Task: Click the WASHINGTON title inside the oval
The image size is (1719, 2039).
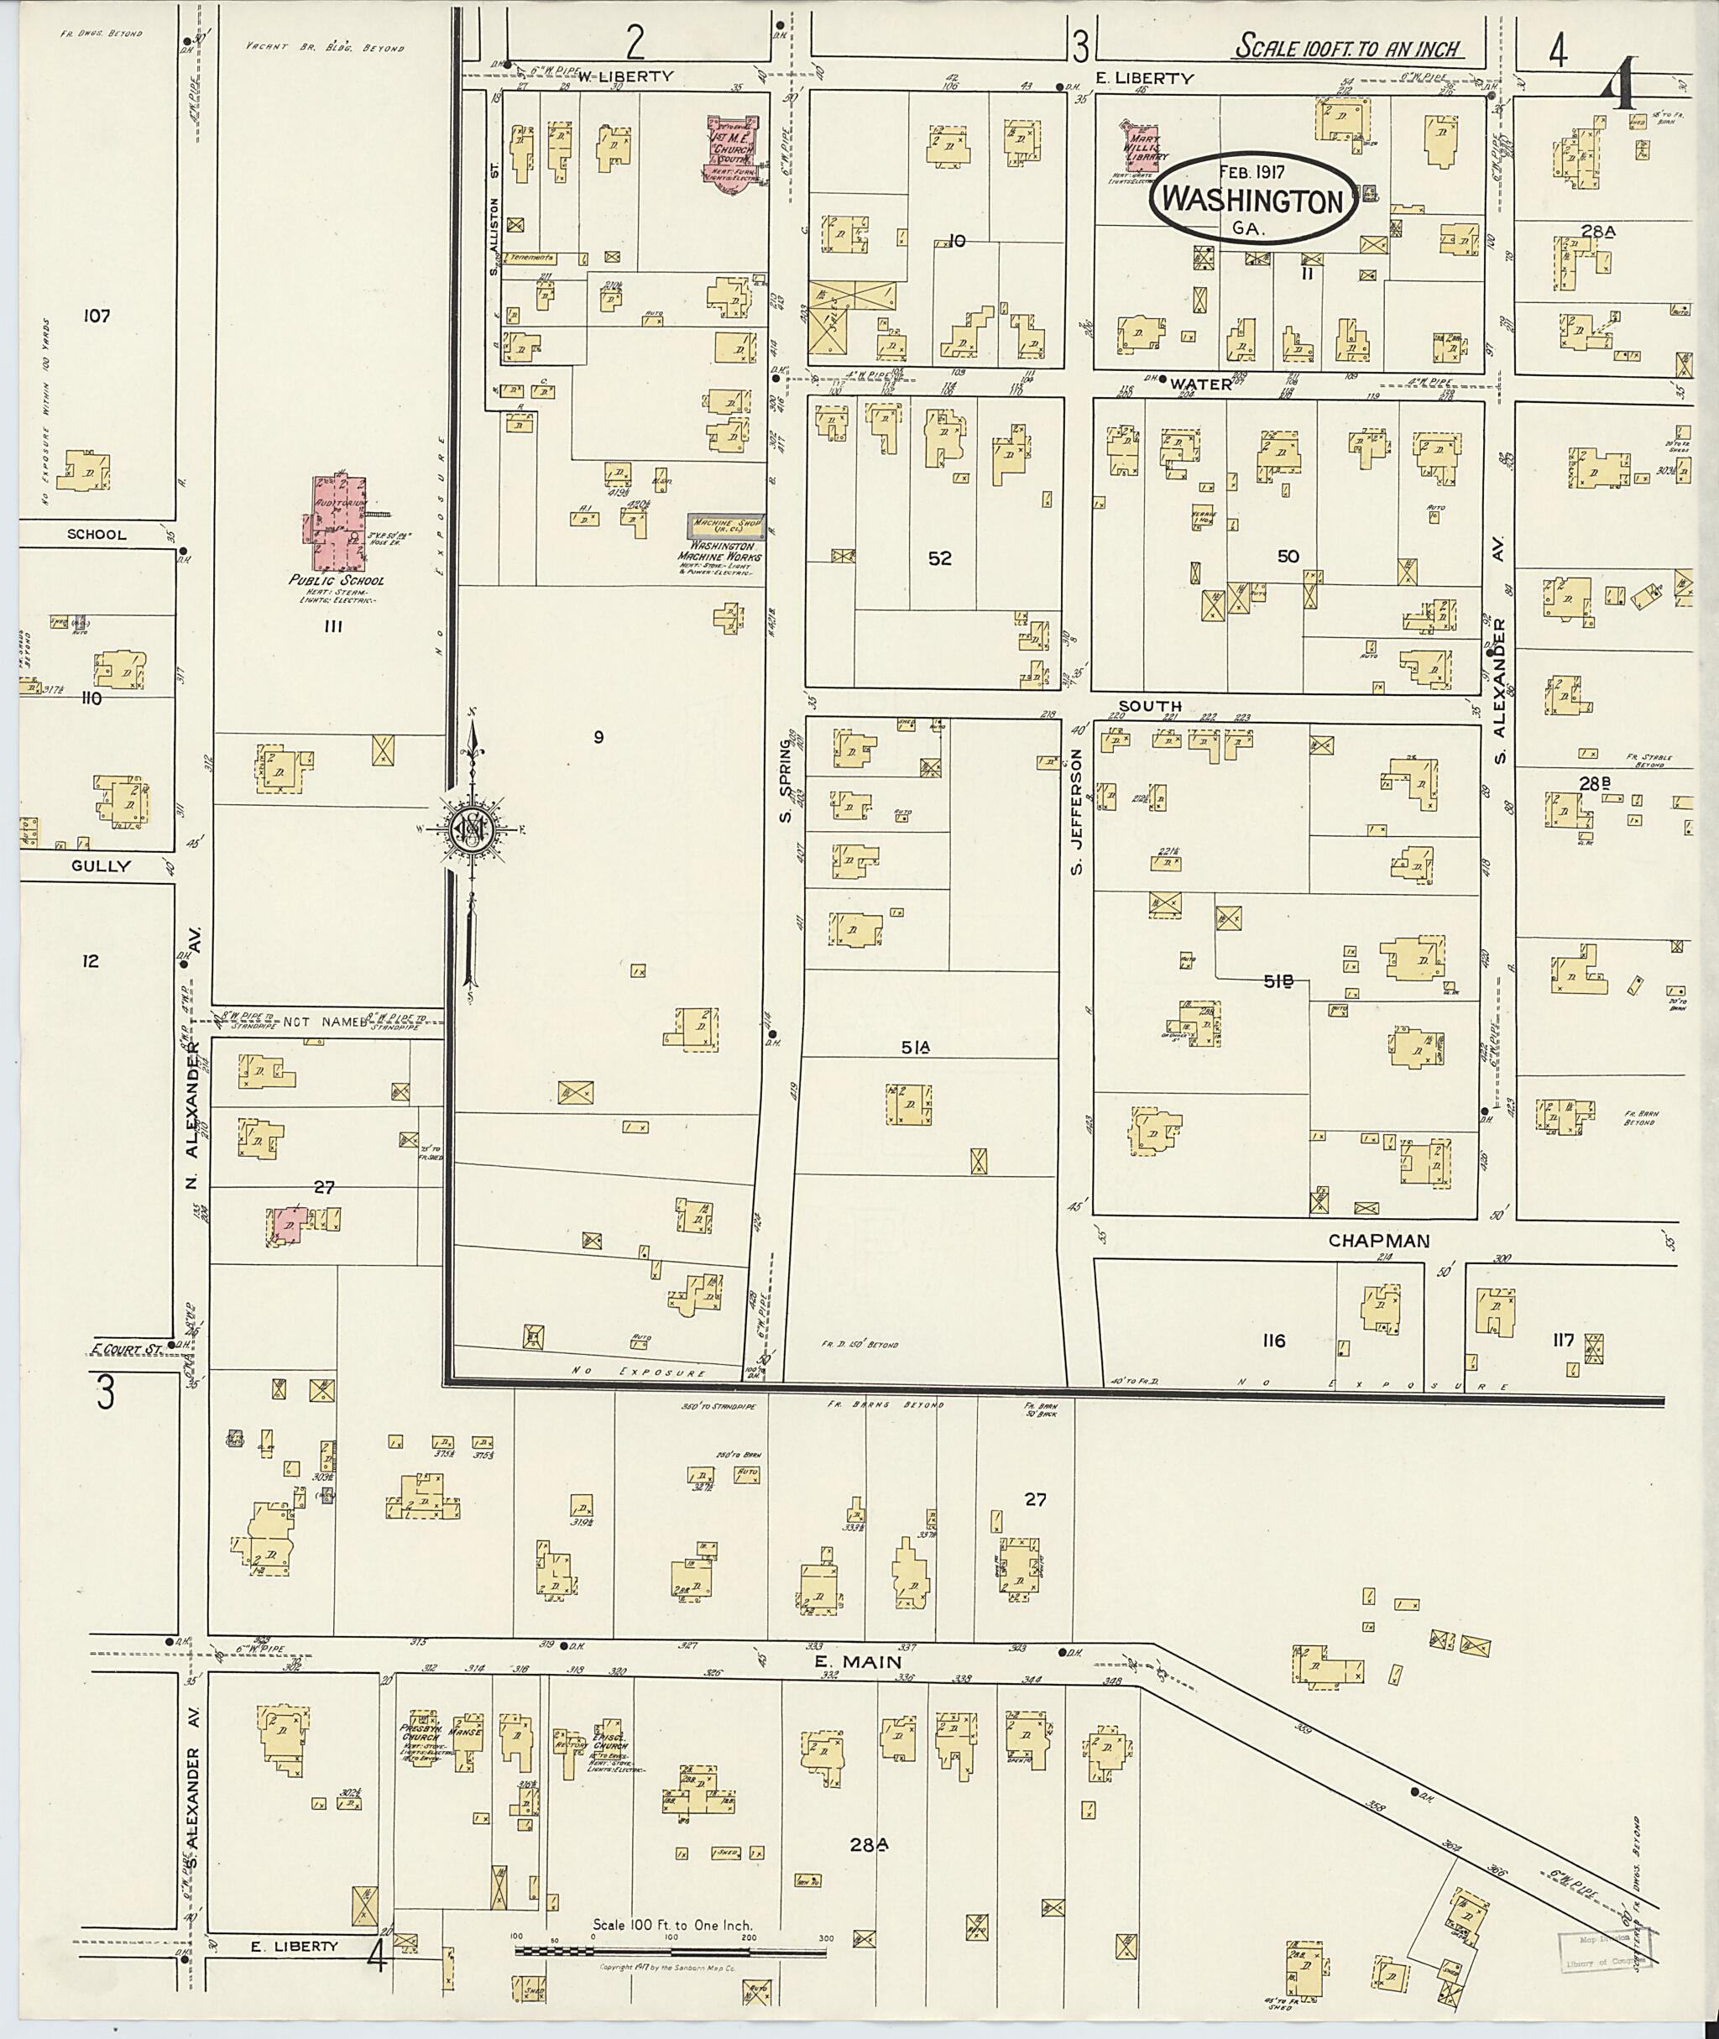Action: coord(1252,200)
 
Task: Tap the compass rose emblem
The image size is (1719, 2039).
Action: coord(471,829)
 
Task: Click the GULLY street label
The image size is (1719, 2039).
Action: coord(98,865)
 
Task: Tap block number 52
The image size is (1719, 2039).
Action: coord(939,558)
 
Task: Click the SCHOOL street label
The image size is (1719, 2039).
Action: coord(97,534)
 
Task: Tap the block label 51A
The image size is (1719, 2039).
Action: coord(916,1047)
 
